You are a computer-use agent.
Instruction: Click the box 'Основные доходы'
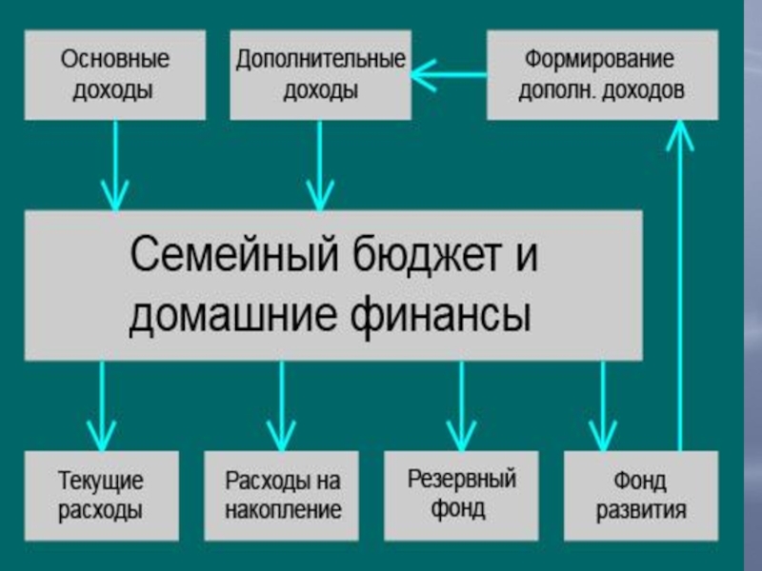coord(114,74)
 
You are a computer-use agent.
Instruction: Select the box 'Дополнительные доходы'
coord(321,74)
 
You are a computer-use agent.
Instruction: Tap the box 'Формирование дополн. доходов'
coord(601,74)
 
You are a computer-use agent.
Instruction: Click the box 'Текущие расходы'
coord(100,494)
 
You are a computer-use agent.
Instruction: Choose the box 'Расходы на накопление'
coord(283,494)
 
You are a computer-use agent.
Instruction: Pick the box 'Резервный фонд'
coord(462,494)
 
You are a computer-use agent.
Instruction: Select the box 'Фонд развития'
coord(641,494)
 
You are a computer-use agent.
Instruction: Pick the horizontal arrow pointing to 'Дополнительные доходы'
coord(448,73)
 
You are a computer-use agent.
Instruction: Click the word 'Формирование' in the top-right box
coord(599,59)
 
